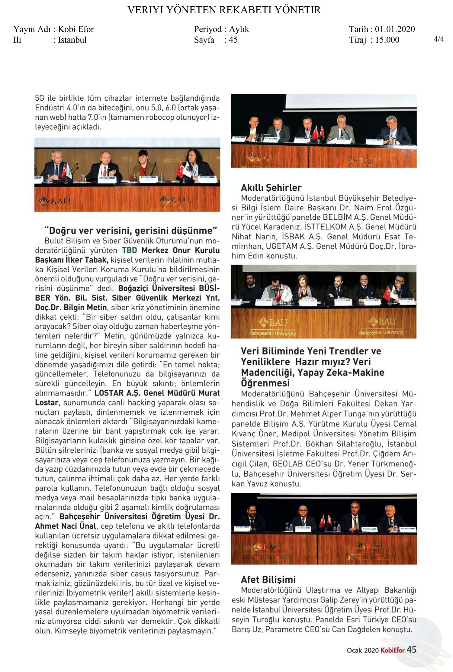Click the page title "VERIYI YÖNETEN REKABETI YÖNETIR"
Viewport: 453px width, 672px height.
click(x=224, y=10)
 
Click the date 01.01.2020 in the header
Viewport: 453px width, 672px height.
click(x=395, y=29)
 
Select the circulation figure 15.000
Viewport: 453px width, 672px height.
click(x=387, y=40)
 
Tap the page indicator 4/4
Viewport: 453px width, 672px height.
click(x=439, y=39)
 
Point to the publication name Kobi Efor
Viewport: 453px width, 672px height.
click(x=76, y=29)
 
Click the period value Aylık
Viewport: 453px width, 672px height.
click(x=239, y=29)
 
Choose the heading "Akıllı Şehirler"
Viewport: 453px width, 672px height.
click(x=271, y=188)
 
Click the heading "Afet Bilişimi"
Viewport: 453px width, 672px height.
click(x=268, y=579)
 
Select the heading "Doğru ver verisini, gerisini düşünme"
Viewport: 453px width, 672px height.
click(x=130, y=231)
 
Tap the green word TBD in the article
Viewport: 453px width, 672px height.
click(x=129, y=250)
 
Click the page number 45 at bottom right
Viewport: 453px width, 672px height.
click(x=411, y=650)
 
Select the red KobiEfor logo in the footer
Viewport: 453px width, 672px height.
click(x=392, y=650)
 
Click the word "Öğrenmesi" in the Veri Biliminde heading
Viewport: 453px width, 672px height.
click(x=265, y=383)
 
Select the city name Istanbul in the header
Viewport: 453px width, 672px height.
click(x=72, y=40)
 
